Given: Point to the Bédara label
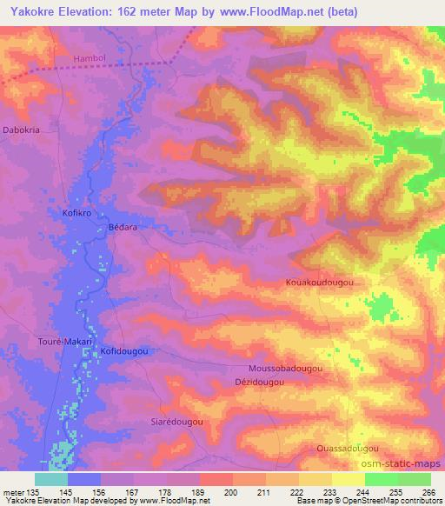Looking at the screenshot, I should (123, 226).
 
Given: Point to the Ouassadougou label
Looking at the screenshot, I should (347, 448).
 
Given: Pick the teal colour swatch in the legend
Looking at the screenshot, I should (51, 479).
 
